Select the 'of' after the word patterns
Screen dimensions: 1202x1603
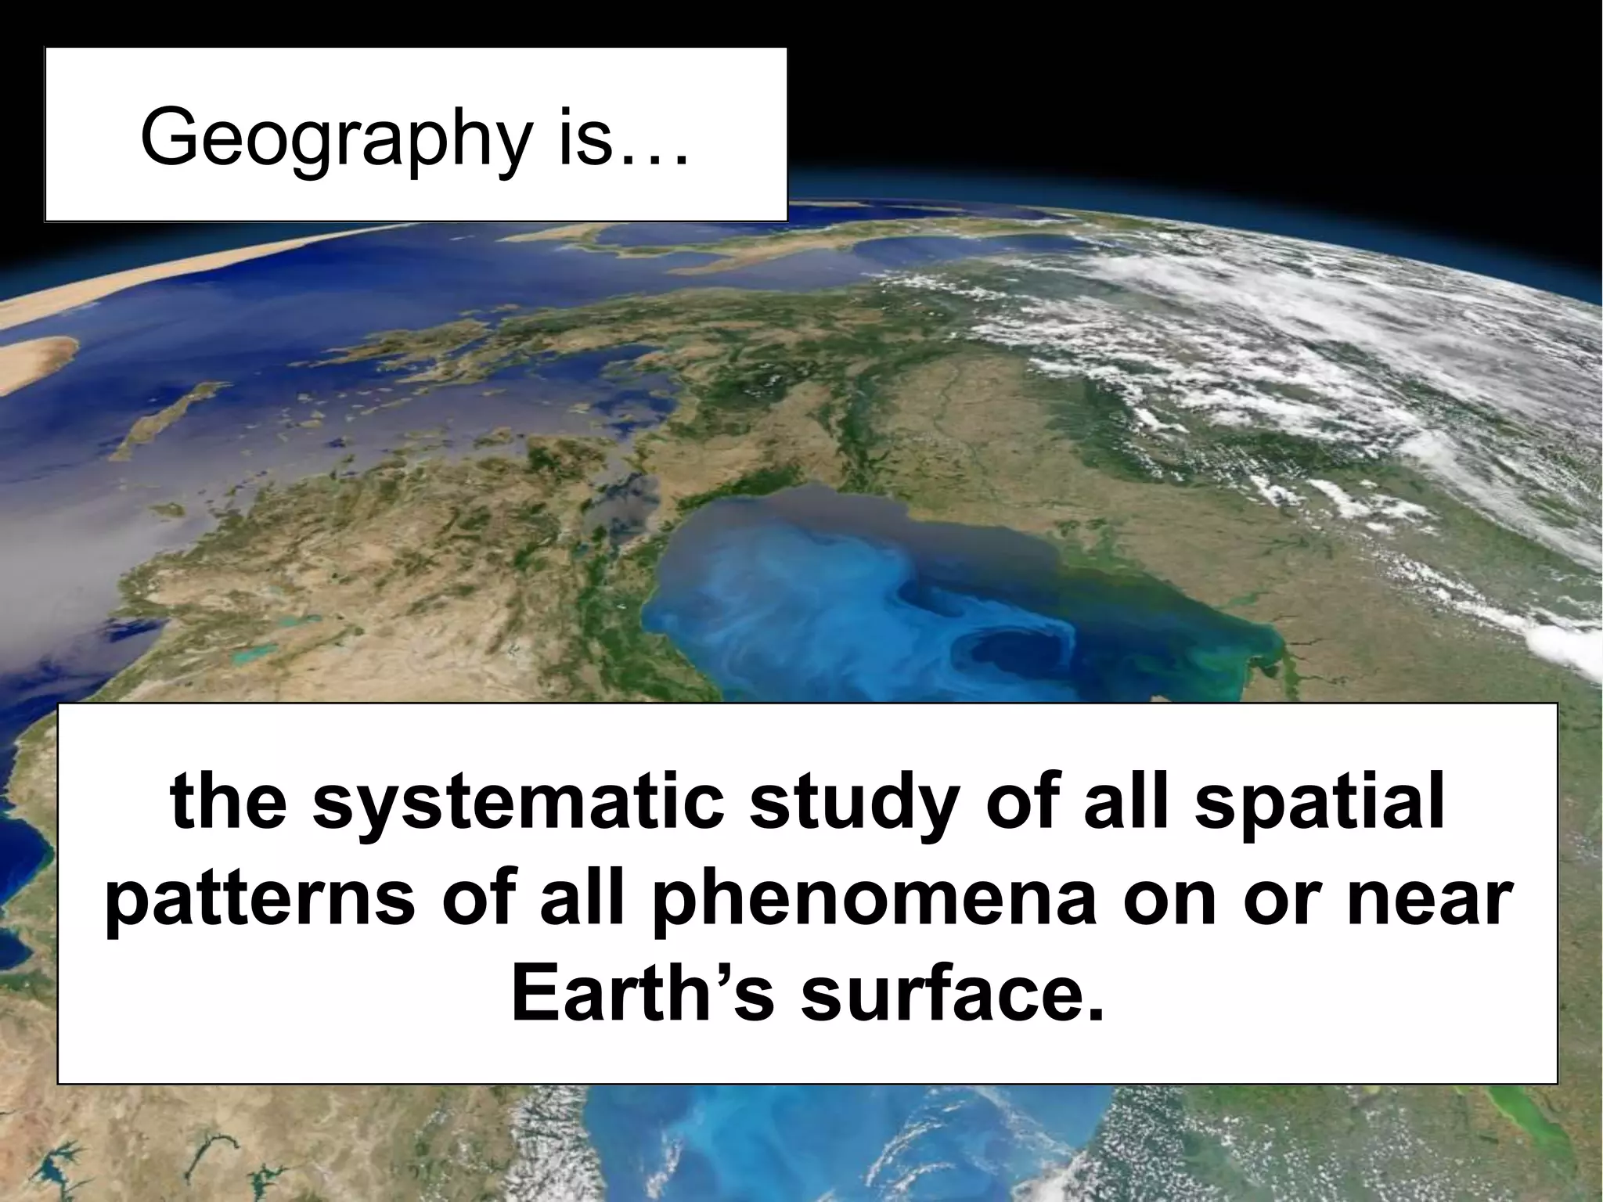(x=474, y=900)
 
